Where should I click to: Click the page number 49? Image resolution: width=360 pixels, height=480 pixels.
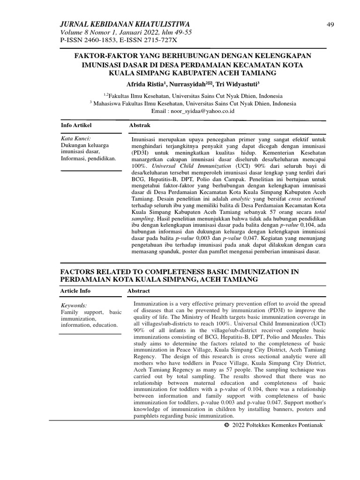[330, 25]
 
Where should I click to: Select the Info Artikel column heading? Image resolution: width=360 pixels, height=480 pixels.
[76, 126]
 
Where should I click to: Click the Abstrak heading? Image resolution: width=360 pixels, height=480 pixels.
[140, 126]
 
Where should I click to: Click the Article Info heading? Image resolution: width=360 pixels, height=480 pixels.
[75, 291]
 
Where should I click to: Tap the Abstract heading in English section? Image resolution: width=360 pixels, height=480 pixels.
[139, 291]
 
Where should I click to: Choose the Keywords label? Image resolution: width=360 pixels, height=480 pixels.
[74, 306]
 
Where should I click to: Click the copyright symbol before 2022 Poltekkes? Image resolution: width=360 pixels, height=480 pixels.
[227, 425]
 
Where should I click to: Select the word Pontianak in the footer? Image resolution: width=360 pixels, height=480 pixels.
[307, 425]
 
